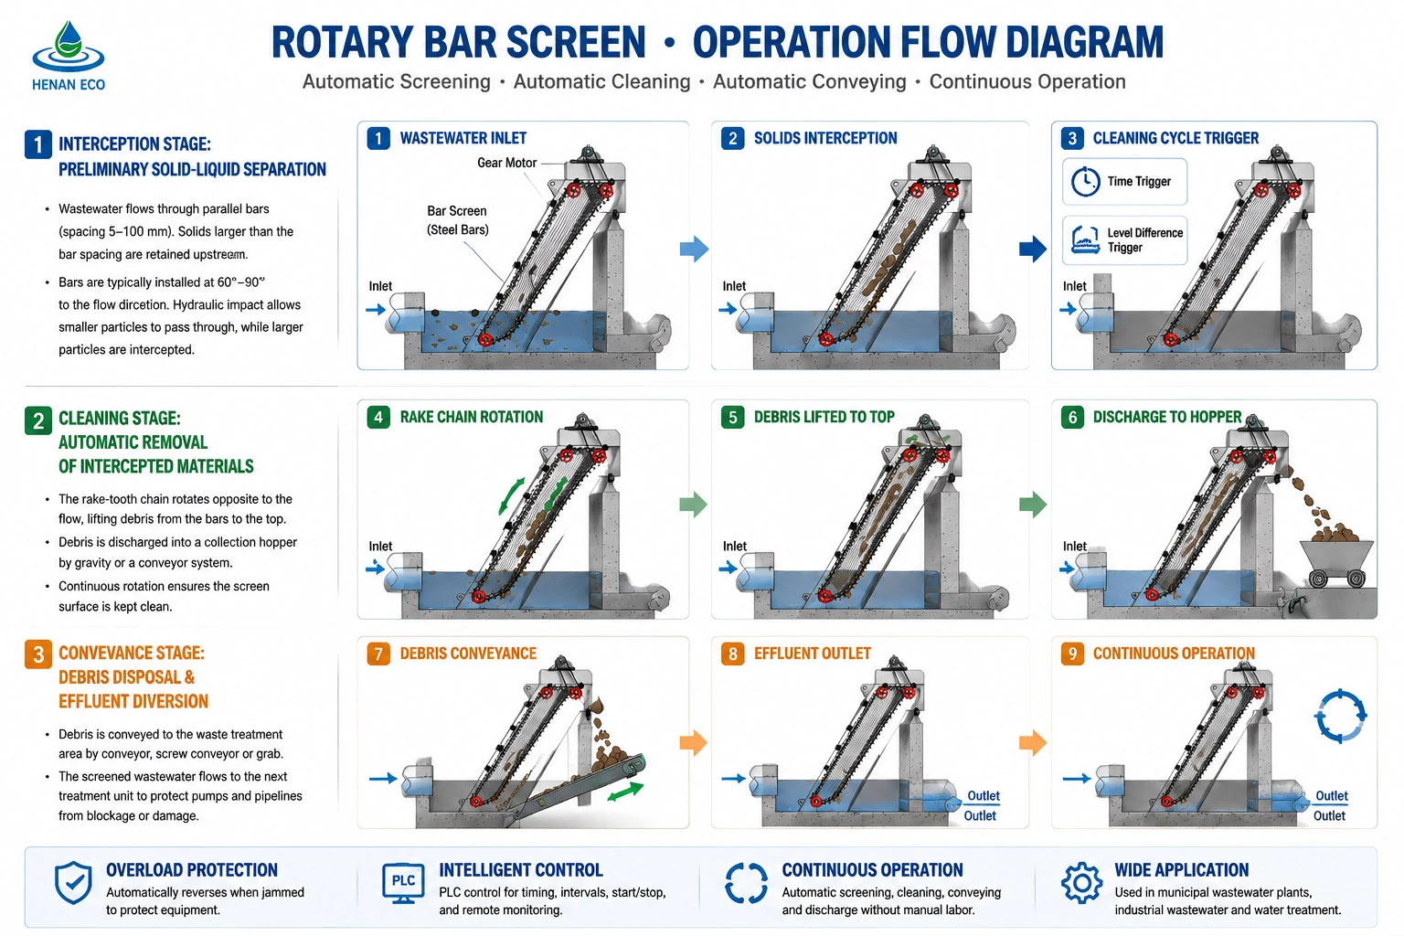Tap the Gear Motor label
point(506,163)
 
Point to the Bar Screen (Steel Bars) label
point(457,220)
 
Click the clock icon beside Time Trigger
point(1085,182)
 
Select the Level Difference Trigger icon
point(1085,240)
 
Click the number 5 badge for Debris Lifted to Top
point(732,418)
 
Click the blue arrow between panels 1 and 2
point(694,249)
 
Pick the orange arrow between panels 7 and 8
point(693,743)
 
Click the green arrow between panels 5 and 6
point(1033,505)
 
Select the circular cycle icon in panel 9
point(1340,716)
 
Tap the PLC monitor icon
point(403,883)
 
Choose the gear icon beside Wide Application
point(1081,883)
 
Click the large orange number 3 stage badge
point(38,654)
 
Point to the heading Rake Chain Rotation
point(472,418)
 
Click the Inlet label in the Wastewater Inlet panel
point(380,286)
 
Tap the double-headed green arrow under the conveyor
point(625,792)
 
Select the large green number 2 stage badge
point(38,420)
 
